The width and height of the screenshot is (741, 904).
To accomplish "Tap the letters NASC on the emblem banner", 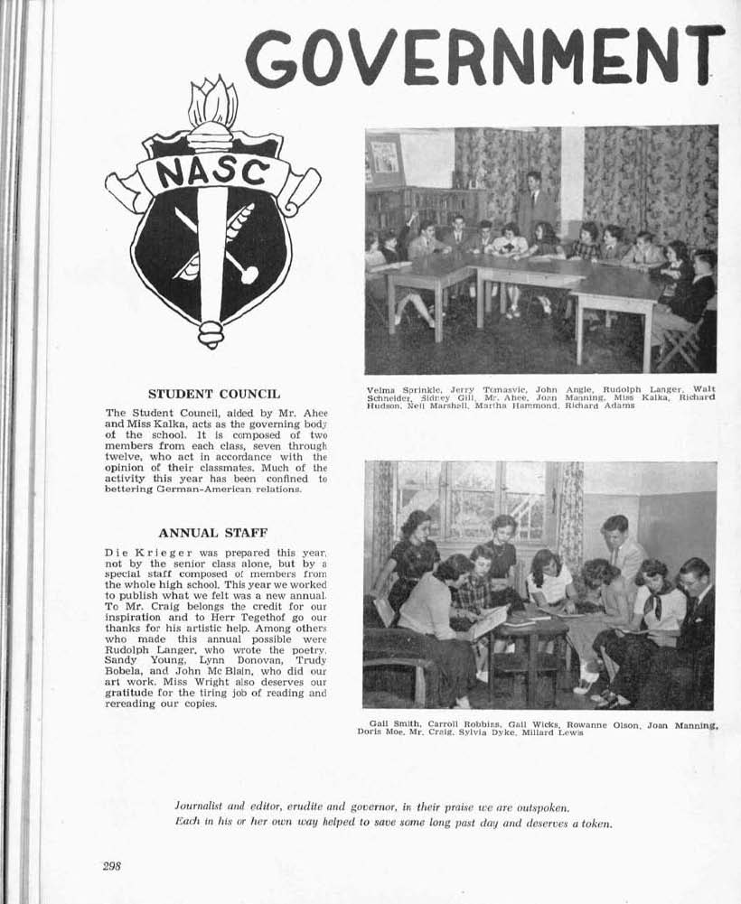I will tap(214, 172).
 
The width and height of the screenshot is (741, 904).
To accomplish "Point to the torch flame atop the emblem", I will tap(212, 105).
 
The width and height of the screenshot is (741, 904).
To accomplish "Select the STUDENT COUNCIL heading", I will tap(214, 394).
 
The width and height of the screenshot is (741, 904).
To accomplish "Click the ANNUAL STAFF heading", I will tap(213, 533).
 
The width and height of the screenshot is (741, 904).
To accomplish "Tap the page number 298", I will tap(111, 865).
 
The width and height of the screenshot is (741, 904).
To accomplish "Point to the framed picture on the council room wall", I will tap(384, 157).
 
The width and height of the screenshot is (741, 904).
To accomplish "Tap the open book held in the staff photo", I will tap(488, 623).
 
